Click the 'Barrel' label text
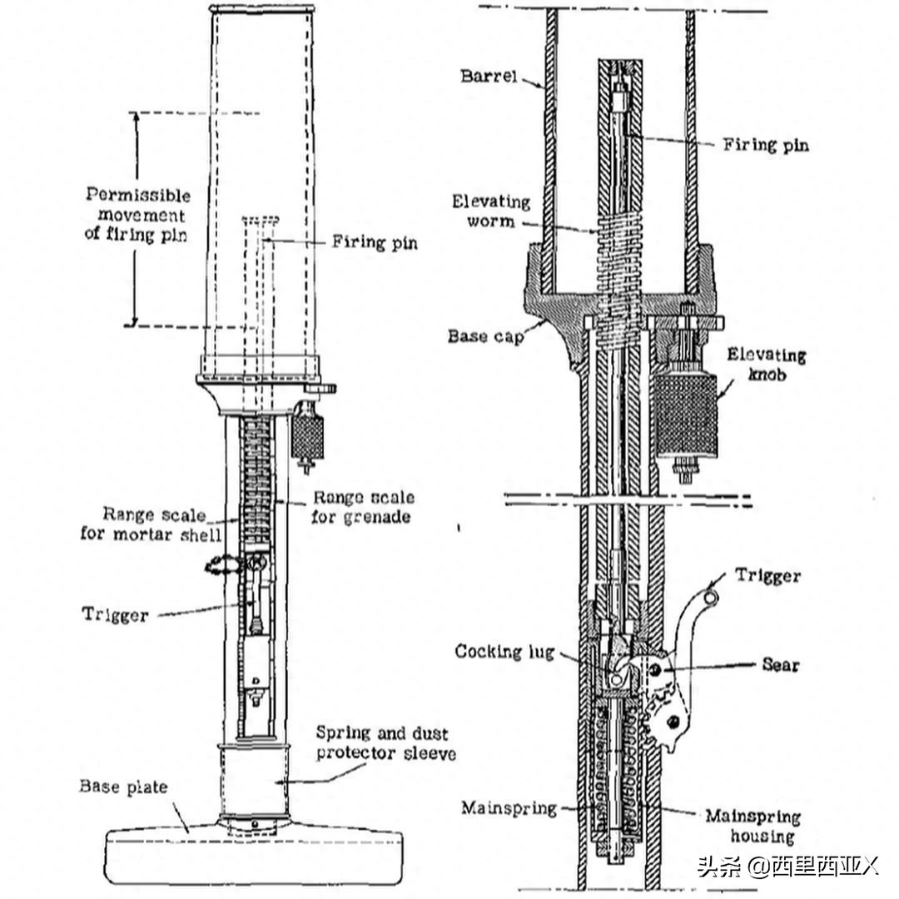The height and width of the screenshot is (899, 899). (x=489, y=77)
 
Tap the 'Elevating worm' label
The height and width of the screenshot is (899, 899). (x=491, y=211)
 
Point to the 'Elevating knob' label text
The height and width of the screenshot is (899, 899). (x=766, y=365)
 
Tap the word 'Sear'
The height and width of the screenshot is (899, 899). (x=780, y=664)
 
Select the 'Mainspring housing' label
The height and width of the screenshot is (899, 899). (x=752, y=827)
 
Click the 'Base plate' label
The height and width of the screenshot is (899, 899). (x=123, y=786)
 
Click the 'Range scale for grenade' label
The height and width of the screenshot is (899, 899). (x=363, y=509)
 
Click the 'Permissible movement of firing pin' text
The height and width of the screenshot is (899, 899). (x=138, y=215)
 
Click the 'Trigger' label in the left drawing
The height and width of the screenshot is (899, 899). (x=115, y=614)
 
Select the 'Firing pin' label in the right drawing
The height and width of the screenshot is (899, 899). (x=765, y=144)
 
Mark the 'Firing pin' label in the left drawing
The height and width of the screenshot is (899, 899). (x=375, y=243)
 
